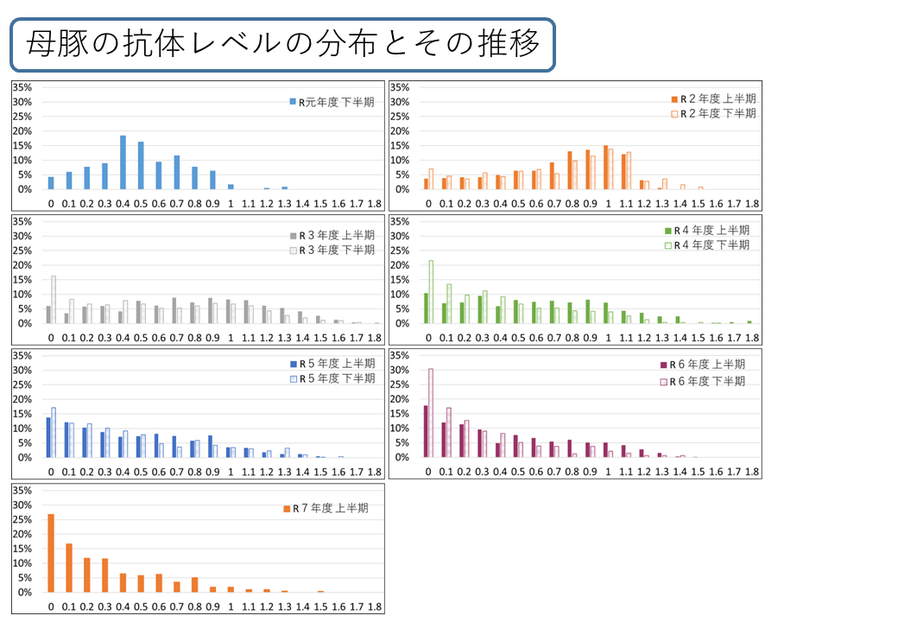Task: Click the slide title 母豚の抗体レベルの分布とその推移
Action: coord(282,43)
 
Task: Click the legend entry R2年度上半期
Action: coord(717,99)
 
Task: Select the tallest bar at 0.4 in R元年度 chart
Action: coord(123,162)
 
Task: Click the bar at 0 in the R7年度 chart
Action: coord(51,553)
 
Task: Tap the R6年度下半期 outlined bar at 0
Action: coord(431,413)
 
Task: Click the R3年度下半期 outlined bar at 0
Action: coord(54,300)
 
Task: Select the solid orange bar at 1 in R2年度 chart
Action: coord(605,168)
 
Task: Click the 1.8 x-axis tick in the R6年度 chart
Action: coord(751,473)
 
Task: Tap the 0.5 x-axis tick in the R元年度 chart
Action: coord(141,204)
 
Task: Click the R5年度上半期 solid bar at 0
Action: coord(48,437)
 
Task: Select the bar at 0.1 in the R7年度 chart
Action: coord(69,568)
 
